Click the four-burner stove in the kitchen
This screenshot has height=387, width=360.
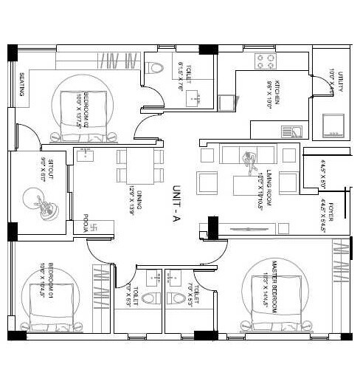click(x=266, y=61)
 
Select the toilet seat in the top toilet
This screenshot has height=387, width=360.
click(x=155, y=68)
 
